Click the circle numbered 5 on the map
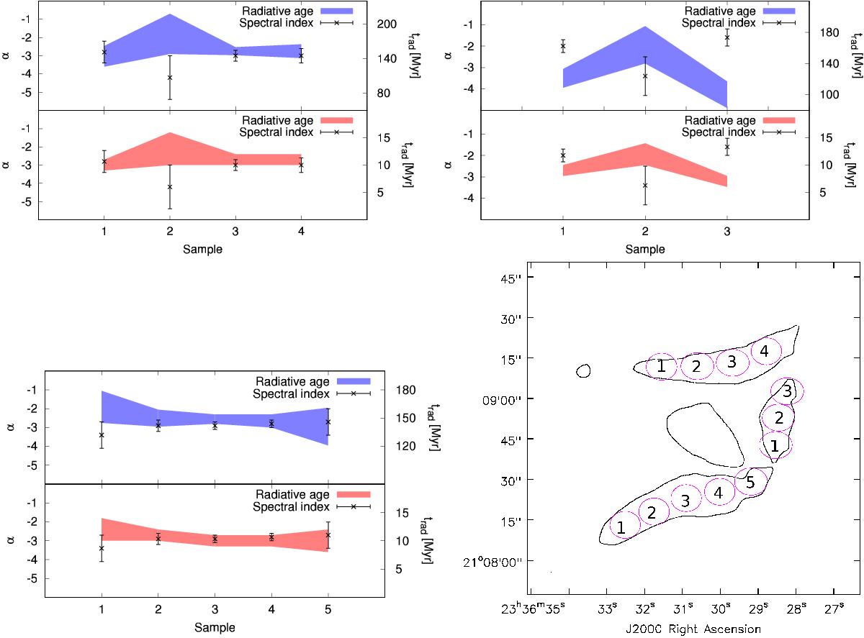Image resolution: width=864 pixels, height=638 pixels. pos(750,482)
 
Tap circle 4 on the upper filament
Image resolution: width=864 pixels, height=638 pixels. pos(765,351)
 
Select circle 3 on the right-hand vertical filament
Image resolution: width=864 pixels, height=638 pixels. pos(787,391)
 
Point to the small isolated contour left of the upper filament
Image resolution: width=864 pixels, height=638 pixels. pos(584,371)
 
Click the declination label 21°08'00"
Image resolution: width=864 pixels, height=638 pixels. pos(504,561)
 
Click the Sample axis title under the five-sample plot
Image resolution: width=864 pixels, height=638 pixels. pos(214,626)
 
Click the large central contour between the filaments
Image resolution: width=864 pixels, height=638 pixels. pos(704,434)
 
